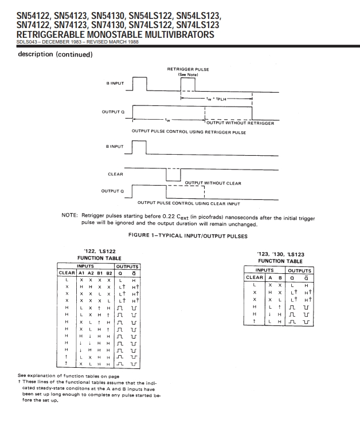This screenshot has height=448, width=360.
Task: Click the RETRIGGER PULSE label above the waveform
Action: point(187,69)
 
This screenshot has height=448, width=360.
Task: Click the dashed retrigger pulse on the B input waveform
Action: point(188,85)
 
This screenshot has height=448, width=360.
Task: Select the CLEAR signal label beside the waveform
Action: point(116,174)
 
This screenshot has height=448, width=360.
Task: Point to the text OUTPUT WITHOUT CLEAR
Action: point(213,183)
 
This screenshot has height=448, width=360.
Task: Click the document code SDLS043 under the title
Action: point(20,42)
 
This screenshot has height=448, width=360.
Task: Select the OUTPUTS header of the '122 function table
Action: point(128,266)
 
